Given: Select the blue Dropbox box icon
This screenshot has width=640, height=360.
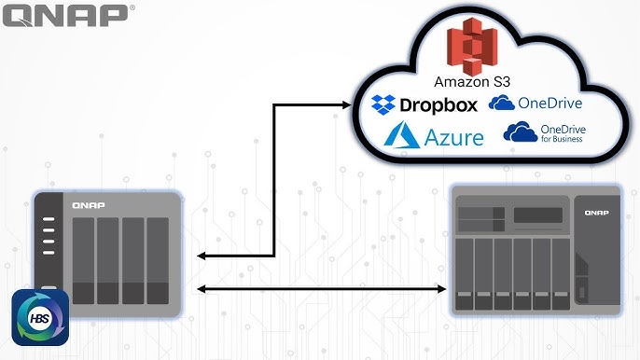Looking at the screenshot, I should tap(384, 104).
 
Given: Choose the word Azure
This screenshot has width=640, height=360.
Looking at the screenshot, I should tap(455, 139).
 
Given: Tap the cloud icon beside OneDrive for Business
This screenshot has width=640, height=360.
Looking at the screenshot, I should tap(520, 132).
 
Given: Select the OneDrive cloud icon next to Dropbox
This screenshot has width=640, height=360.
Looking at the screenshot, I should tap(504, 103).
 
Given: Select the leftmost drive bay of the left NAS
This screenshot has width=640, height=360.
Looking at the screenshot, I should tap(83, 260).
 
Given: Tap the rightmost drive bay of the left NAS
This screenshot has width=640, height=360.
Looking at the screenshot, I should tap(158, 260).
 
